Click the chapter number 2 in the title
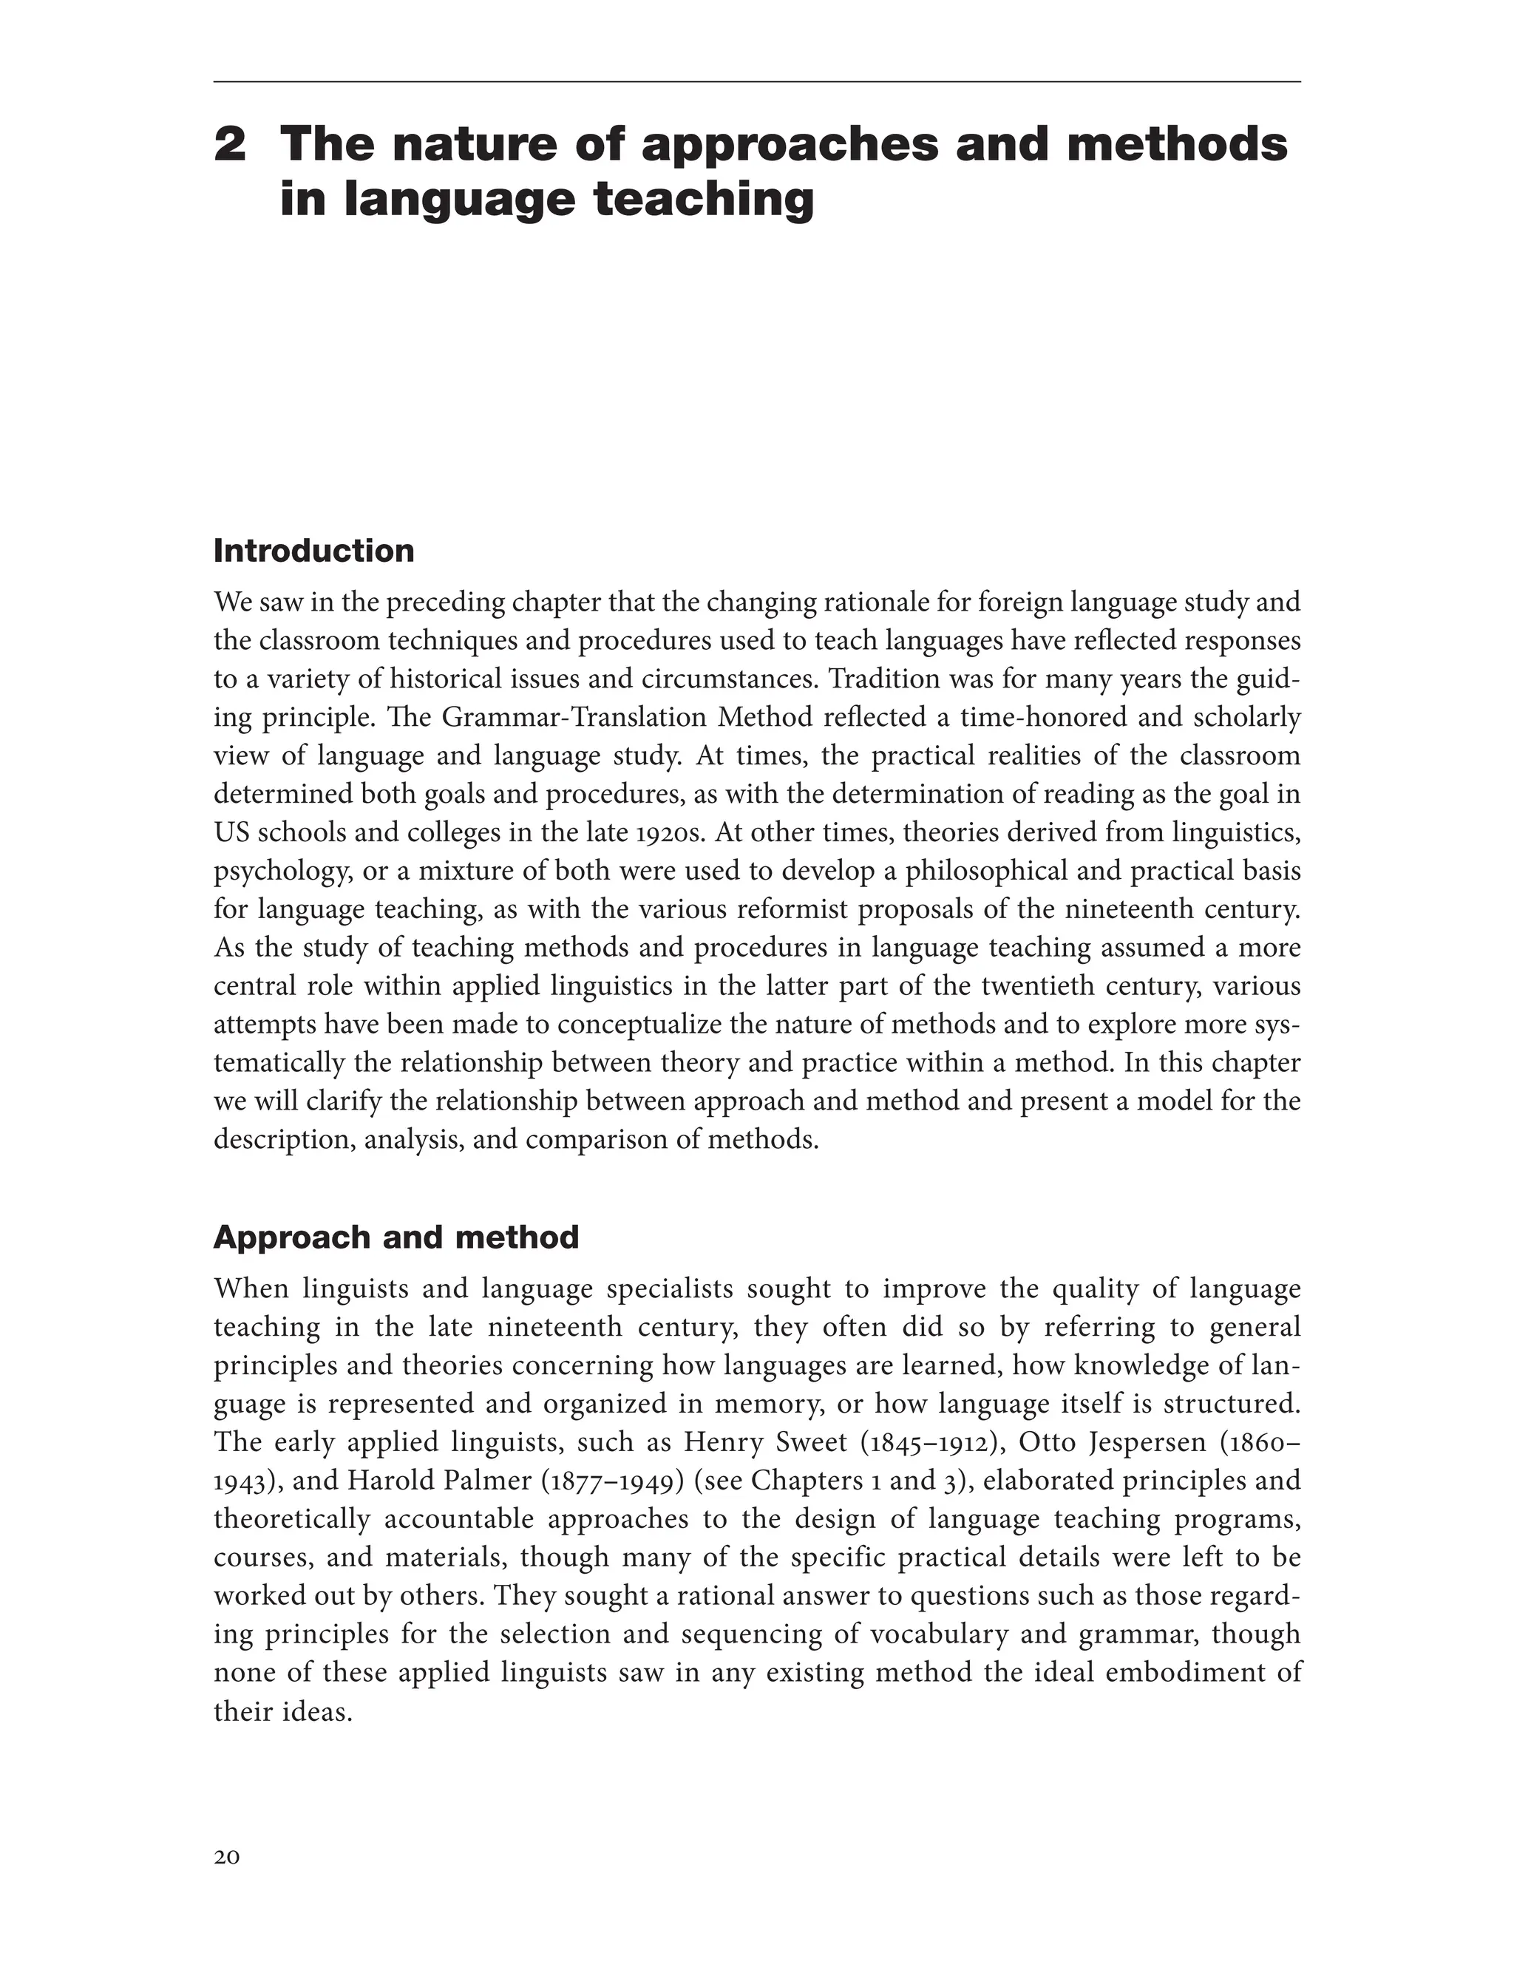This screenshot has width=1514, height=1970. pos(230,144)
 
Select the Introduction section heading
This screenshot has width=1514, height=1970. pos(313,551)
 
